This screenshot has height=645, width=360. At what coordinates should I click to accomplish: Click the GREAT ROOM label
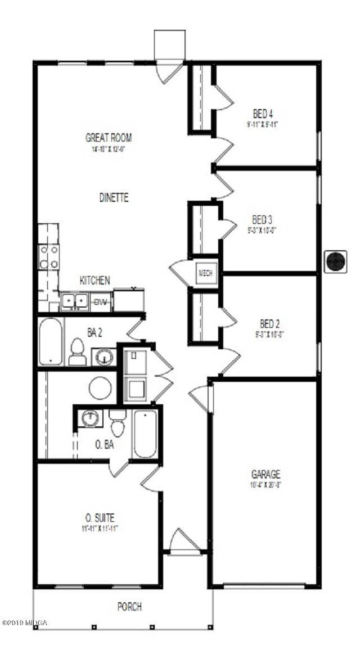click(109, 137)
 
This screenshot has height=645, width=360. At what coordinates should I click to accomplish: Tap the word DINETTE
click(114, 197)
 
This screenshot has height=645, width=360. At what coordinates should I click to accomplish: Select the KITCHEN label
click(94, 280)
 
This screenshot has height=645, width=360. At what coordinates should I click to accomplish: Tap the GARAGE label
click(266, 475)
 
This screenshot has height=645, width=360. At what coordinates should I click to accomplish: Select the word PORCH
click(129, 607)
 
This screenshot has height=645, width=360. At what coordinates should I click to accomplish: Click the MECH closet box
click(204, 274)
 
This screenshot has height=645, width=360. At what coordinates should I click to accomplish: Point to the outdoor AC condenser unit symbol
click(336, 262)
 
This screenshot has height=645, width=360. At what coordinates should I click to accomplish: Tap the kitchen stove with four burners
click(48, 256)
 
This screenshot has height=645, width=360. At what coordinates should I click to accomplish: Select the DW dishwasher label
click(101, 302)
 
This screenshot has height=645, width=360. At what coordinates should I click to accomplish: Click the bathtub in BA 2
click(50, 342)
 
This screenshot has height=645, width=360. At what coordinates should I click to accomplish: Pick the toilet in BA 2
click(76, 353)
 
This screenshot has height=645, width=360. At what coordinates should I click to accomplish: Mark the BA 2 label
click(94, 332)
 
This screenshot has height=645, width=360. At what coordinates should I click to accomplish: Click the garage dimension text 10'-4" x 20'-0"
click(266, 485)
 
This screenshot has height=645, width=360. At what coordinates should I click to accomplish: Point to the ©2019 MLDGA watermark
click(25, 623)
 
